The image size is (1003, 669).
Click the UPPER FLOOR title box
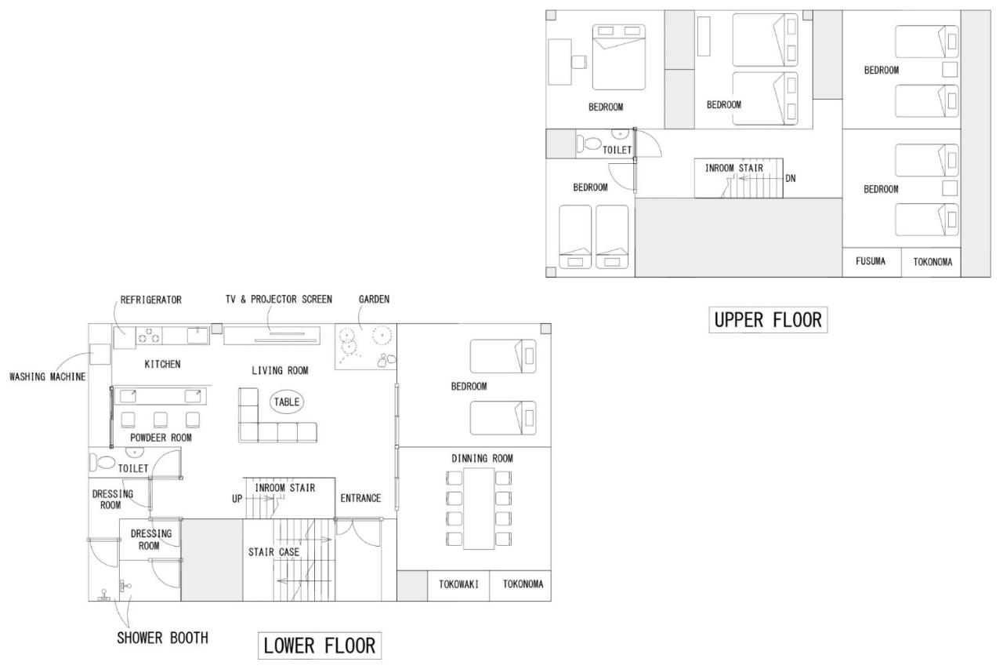[768, 320]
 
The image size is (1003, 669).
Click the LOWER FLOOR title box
[320, 645]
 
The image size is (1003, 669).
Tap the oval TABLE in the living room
[287, 402]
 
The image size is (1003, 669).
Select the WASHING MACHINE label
[48, 376]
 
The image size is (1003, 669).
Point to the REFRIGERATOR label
[151, 300]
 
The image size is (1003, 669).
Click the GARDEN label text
[374, 299]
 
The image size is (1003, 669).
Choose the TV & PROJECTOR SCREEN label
[278, 299]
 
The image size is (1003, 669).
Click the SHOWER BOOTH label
[162, 638]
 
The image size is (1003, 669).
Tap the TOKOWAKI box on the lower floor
[458, 586]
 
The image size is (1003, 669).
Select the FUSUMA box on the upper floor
[872, 262]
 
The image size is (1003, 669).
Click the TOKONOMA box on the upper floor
[931, 262]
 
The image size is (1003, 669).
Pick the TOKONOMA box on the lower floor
[520, 586]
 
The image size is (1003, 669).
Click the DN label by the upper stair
[791, 178]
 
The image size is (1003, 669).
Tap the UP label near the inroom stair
[237, 499]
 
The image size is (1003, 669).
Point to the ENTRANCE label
[360, 498]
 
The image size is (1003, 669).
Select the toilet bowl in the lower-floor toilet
[103, 462]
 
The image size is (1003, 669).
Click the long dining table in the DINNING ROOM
[479, 508]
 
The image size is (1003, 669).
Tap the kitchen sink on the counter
[198, 336]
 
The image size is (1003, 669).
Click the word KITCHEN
[162, 364]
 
